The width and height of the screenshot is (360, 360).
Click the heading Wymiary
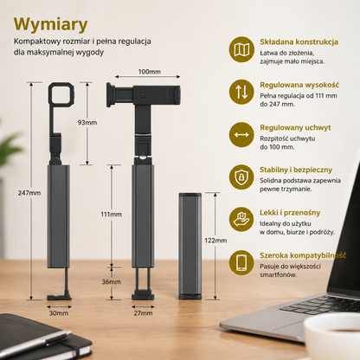click(50, 24)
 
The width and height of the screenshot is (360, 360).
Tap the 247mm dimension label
click(29, 193)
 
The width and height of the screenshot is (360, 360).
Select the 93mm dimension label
click(87, 123)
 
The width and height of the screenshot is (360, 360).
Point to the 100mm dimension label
click(150, 72)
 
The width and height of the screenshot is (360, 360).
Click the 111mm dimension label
click(111, 215)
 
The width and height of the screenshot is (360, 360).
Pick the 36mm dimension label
click(111, 282)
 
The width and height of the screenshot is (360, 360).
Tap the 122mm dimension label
click(215, 241)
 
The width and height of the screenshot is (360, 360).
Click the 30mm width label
click(59, 313)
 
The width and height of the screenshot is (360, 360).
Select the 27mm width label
click(143, 313)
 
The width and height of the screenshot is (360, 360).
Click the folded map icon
click(241, 49)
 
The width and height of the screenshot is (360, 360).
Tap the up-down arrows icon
click(241, 92)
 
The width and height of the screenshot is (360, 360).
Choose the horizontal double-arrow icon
click(241, 134)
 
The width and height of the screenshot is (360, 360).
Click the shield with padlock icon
click(241, 177)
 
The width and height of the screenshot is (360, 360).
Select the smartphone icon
click(241, 262)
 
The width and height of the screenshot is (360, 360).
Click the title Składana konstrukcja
click(299, 42)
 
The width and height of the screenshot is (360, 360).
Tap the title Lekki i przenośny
click(290, 213)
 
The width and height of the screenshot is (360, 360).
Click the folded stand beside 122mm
click(190, 246)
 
